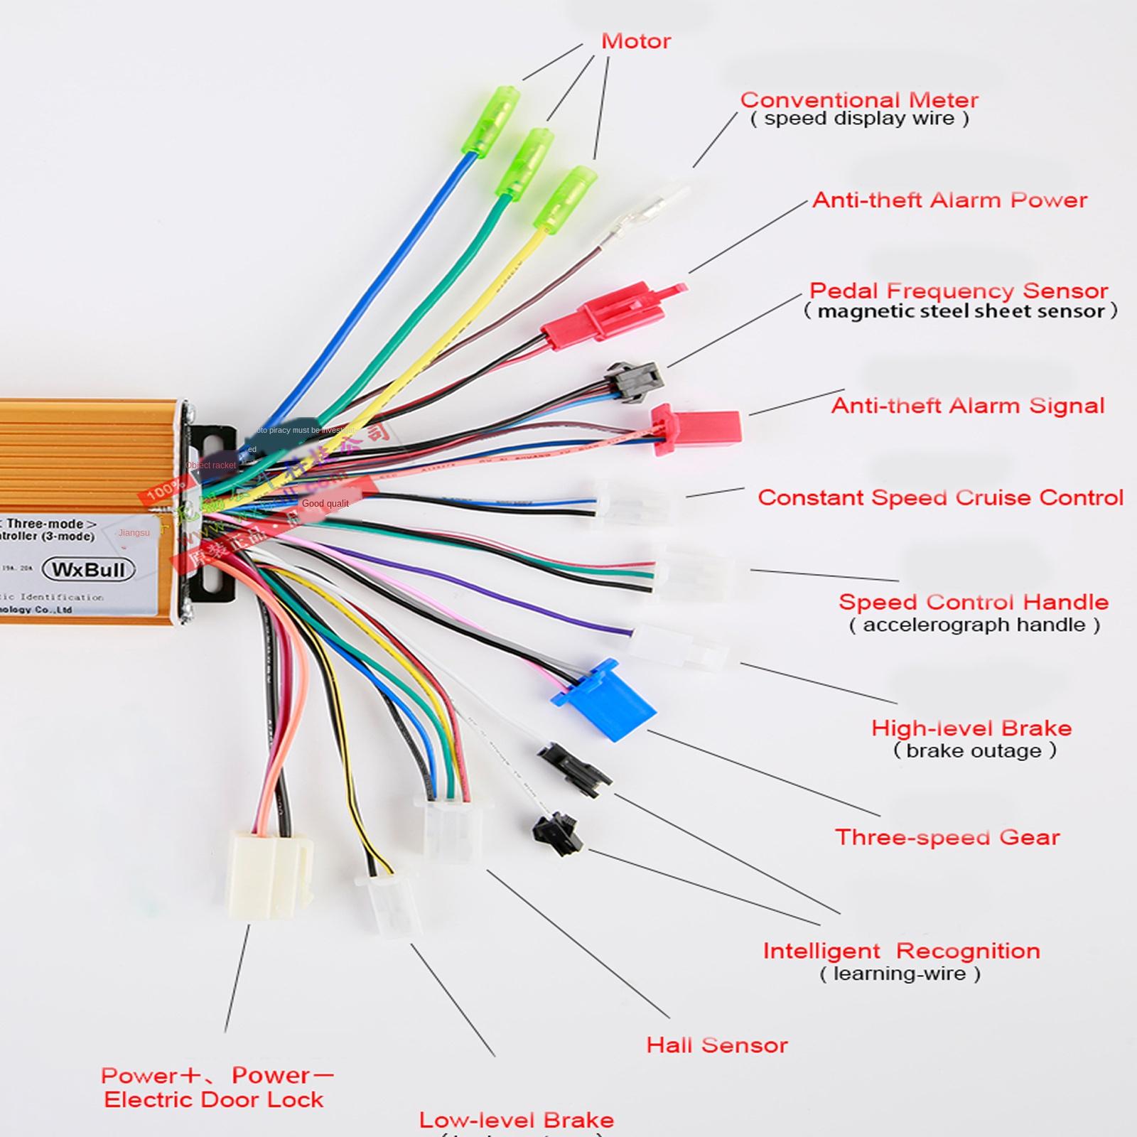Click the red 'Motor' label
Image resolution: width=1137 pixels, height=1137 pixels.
635,41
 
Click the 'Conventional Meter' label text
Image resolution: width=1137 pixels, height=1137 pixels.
858,99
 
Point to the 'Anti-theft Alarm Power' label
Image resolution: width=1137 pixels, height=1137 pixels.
949,200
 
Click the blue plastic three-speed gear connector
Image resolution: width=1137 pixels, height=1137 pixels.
605,700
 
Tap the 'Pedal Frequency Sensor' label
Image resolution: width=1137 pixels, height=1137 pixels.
958,291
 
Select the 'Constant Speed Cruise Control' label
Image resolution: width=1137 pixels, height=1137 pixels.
939,497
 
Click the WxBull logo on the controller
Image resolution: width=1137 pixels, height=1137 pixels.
88,569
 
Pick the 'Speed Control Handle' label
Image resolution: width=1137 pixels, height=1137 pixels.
973,602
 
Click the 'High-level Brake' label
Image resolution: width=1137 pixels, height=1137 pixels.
971,728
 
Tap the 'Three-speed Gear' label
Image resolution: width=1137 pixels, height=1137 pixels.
947,837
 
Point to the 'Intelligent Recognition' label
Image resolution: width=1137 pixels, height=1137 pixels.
901,951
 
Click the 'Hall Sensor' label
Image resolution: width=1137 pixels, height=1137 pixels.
716,1045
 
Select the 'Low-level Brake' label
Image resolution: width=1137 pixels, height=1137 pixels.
516,1120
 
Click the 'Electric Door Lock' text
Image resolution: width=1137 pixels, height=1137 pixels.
213,1099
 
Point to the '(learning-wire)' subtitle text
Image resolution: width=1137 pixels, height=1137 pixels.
900,974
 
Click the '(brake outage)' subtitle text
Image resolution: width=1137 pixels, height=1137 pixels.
974,750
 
